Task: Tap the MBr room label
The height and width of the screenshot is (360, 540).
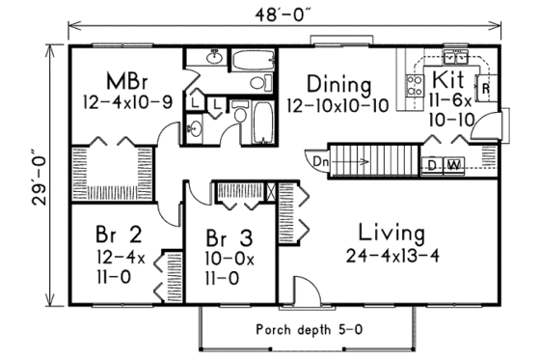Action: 125,78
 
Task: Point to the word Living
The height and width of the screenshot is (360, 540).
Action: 391,234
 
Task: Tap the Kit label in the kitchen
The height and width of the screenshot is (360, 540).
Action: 449,78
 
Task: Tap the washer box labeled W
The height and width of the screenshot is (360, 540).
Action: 453,165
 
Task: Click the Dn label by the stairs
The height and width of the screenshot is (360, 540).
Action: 320,161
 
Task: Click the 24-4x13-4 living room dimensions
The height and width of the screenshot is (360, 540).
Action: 391,256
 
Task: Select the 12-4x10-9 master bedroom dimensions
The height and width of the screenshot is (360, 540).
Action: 125,99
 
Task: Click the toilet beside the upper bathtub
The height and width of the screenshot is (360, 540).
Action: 257,84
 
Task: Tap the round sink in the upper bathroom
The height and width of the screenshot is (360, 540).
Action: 214,61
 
